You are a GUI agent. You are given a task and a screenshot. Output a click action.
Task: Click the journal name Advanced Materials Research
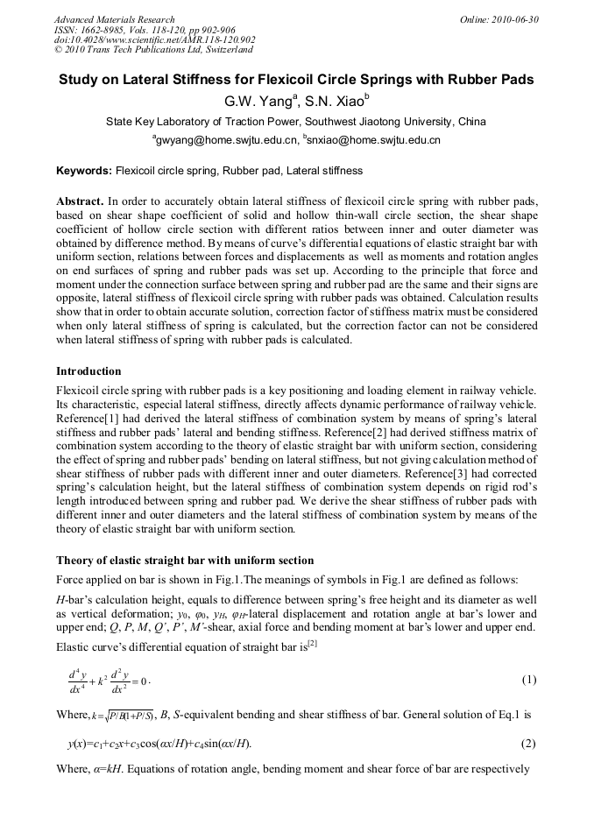[115, 19]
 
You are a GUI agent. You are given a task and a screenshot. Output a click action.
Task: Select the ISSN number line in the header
[139, 30]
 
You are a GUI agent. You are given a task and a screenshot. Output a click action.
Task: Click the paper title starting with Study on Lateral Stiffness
[296, 80]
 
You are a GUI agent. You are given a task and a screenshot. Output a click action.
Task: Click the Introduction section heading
[88, 371]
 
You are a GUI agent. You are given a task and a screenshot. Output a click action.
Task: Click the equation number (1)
[528, 680]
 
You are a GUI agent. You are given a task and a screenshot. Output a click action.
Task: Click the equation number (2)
[528, 744]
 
